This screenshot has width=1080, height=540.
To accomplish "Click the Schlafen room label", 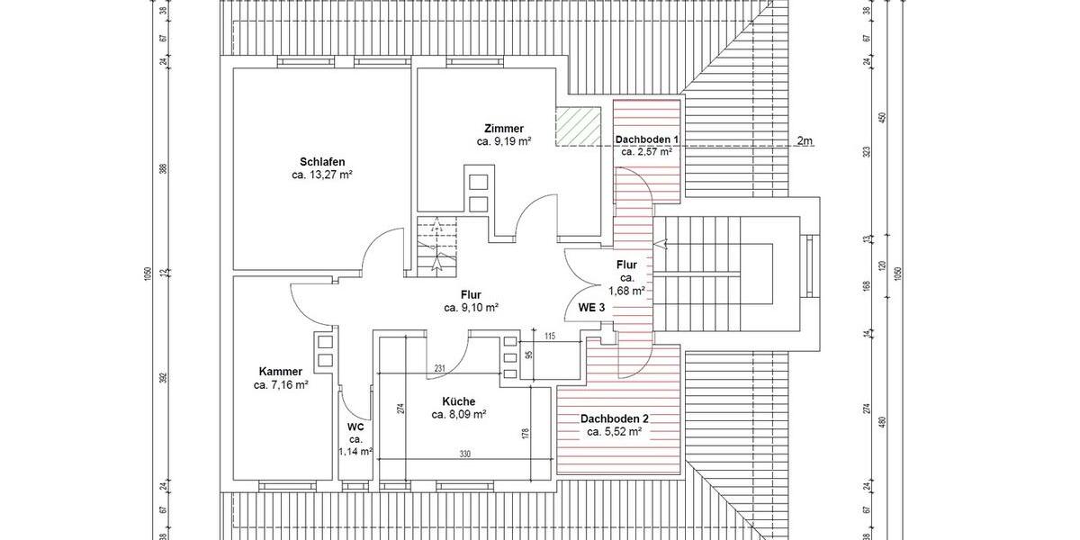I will [321, 161].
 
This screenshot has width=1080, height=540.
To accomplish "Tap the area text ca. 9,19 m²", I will [503, 141].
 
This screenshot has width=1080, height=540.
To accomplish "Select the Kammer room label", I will [280, 371].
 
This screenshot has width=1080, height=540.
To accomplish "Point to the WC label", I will [355, 427].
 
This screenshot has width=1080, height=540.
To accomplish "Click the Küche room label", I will [458, 401].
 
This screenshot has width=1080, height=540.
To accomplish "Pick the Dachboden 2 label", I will [614, 418].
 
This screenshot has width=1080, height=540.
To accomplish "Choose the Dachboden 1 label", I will [646, 139].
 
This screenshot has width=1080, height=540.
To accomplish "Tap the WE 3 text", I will [591, 307].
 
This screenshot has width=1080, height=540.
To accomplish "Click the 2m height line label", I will [805, 141].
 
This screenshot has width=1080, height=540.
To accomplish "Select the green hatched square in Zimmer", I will [577, 126].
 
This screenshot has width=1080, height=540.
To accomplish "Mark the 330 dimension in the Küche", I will [465, 454].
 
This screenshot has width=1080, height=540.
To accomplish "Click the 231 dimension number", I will [440, 369].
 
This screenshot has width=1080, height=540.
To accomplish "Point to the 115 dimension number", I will [551, 337].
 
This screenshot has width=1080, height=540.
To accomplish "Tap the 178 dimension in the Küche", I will [526, 432].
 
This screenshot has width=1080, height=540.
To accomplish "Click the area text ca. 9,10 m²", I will [471, 307].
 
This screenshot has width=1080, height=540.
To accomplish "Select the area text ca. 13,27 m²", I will [321, 175].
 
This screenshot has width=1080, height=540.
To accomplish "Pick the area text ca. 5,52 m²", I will [614, 432].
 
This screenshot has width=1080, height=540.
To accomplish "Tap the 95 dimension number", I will [528, 355].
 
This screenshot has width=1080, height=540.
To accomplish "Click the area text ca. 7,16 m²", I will [280, 384].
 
